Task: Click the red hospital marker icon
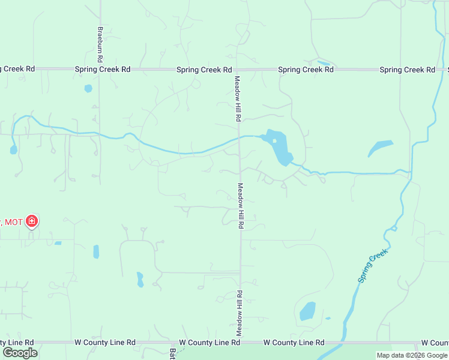pyautogui.click(x=32, y=222)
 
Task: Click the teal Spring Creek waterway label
pyautogui.click(x=373, y=266)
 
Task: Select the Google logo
pyautogui.click(x=20, y=352)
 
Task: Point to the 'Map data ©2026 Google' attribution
pyautogui.click(x=412, y=355)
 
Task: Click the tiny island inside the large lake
pyautogui.click(x=274, y=142)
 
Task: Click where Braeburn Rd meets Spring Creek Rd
pyautogui.click(x=100, y=70)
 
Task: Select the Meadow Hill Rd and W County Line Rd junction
pyautogui.click(x=241, y=343)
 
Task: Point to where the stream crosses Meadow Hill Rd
pyautogui.click(x=240, y=137)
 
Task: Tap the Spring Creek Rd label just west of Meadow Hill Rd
pyautogui.click(x=204, y=70)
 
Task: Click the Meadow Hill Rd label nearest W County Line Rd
pyautogui.click(x=239, y=313)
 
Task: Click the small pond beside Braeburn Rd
pyautogui.click(x=88, y=88)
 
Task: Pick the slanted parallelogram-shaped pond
pyautogui.click(x=380, y=148)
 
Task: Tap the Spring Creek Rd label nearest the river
pyautogui.click(x=407, y=70)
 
